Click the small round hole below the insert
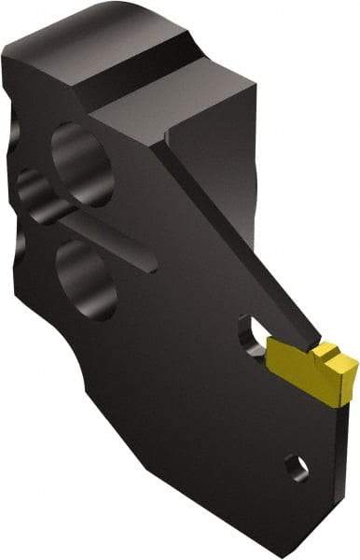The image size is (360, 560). (294, 463)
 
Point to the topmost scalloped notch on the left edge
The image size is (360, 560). (21, 121)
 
